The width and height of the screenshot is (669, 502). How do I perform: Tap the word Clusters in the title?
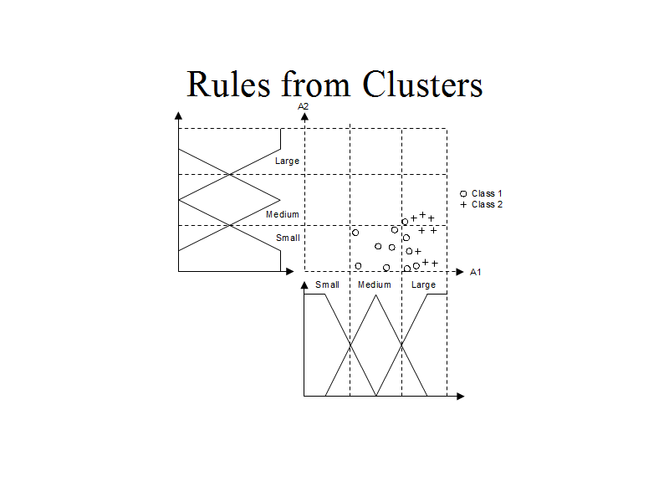click(x=422, y=85)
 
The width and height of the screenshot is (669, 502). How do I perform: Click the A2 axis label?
click(x=304, y=106)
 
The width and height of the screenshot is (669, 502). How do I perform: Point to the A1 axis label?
click(x=476, y=272)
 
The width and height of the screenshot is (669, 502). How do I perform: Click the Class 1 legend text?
click(x=487, y=193)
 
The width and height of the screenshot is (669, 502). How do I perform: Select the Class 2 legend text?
click(x=487, y=204)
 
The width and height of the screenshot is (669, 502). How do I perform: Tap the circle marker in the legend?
click(x=463, y=193)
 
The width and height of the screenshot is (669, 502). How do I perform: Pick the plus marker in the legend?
click(x=463, y=204)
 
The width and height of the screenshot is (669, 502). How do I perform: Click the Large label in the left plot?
click(x=287, y=161)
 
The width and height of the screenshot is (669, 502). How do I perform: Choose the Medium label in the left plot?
click(x=282, y=215)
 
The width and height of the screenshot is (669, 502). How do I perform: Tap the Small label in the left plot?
click(x=288, y=238)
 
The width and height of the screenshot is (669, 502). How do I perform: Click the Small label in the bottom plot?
click(x=327, y=284)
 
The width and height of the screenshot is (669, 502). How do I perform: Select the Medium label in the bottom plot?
click(x=374, y=284)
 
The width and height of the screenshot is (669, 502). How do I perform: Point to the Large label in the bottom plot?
click(x=423, y=284)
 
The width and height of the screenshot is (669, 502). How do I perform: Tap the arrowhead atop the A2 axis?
click(x=304, y=116)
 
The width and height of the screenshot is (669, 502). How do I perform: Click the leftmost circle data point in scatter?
click(x=355, y=233)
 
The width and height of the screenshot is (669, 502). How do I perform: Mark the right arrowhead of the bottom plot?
click(x=460, y=396)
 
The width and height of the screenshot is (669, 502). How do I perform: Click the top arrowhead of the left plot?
click(x=178, y=116)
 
